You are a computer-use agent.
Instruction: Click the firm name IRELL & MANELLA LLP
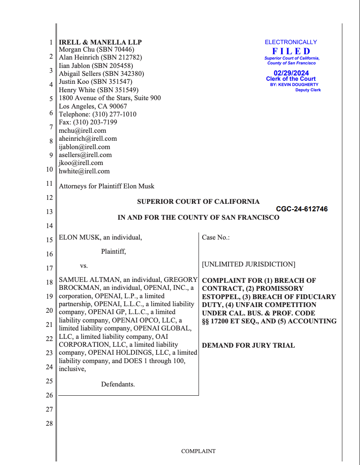pos(100,42)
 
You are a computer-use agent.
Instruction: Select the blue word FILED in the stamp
pos(291,51)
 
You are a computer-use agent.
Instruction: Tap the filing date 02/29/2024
pos(291,73)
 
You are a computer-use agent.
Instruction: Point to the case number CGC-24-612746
pos(302,209)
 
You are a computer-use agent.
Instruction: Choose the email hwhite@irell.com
pos(84,171)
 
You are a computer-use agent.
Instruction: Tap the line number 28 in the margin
pos(49,424)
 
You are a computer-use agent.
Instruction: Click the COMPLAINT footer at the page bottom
pos(198,451)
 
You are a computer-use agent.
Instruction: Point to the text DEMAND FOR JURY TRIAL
pos(248,345)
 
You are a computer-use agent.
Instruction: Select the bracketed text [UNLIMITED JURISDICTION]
pos(248,264)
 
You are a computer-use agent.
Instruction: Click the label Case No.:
pos(216,237)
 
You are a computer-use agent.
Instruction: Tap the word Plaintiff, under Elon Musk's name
pos(113,251)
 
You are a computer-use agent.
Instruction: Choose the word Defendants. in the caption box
pos(118,384)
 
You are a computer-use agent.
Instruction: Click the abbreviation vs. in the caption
pos(84,266)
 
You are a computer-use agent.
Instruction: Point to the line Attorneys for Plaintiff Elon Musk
pos(106,186)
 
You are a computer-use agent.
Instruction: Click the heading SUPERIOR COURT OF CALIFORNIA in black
pos(198,202)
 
